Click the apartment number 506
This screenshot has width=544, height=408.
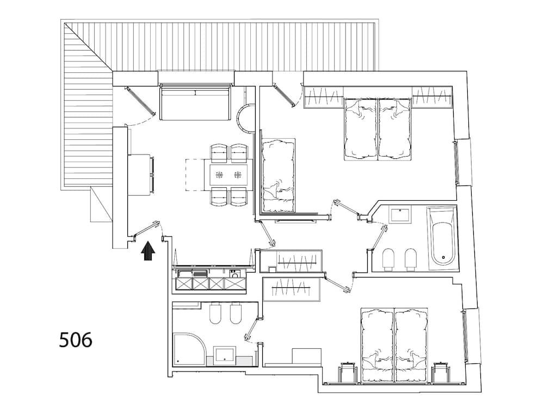(x=76, y=339)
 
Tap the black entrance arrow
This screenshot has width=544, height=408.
(x=148, y=251)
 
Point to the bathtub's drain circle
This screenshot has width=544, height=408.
(x=443, y=258)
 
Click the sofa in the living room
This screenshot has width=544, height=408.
(x=195, y=104)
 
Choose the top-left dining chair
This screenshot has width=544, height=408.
(x=220, y=153)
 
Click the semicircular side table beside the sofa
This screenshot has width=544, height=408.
(x=245, y=118)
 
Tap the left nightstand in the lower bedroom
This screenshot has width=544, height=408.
(x=348, y=372)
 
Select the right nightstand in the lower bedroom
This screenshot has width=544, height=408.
(x=441, y=372)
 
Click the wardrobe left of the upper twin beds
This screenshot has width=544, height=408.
(x=323, y=97)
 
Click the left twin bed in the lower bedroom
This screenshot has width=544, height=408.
(x=377, y=343)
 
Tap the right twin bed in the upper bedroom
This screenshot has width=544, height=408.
(x=394, y=129)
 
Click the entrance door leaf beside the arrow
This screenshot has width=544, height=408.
(x=145, y=230)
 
